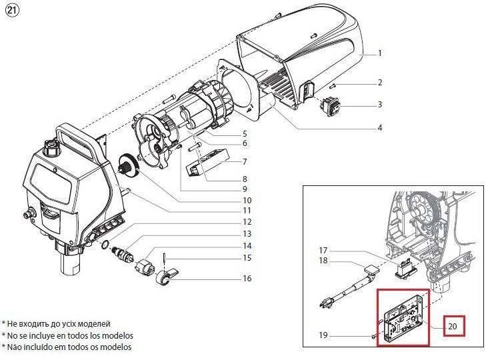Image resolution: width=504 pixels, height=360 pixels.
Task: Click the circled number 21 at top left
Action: coord(13,11)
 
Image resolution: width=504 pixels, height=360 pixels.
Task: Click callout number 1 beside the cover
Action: coord(380,53)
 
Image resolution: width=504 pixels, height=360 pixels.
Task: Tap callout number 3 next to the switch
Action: coord(380,105)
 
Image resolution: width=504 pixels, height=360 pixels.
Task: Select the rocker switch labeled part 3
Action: coord(331,107)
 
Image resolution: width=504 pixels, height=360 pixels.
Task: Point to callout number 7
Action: coord(245,161)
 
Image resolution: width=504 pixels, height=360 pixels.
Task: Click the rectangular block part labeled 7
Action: coord(207,162)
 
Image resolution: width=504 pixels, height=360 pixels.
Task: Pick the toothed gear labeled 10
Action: coord(129,166)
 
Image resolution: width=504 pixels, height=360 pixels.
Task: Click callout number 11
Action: coord(247,211)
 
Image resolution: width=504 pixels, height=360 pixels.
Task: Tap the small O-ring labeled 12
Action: coord(105,245)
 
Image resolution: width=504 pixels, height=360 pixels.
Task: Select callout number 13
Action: coord(247,234)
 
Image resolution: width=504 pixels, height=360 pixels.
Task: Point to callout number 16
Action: coord(247,279)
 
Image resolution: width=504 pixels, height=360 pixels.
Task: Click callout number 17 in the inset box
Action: coord(323,250)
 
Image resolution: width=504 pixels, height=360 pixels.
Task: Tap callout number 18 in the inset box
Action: coord(323,261)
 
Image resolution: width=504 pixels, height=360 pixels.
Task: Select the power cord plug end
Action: coord(325,303)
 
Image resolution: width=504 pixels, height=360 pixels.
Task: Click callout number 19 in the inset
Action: coord(323,335)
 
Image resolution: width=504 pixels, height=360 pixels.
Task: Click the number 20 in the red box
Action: coord(452,326)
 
